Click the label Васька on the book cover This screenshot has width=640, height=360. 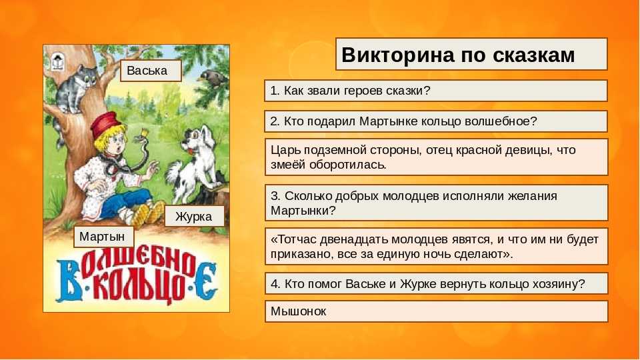point(151,71)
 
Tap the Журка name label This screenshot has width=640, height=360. point(194,216)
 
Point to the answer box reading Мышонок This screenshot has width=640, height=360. point(436,311)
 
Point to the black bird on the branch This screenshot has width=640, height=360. point(213,79)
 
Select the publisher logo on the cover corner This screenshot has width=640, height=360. point(57,62)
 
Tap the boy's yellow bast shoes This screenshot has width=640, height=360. point(148,213)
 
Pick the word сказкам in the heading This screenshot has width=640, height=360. point(534,55)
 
